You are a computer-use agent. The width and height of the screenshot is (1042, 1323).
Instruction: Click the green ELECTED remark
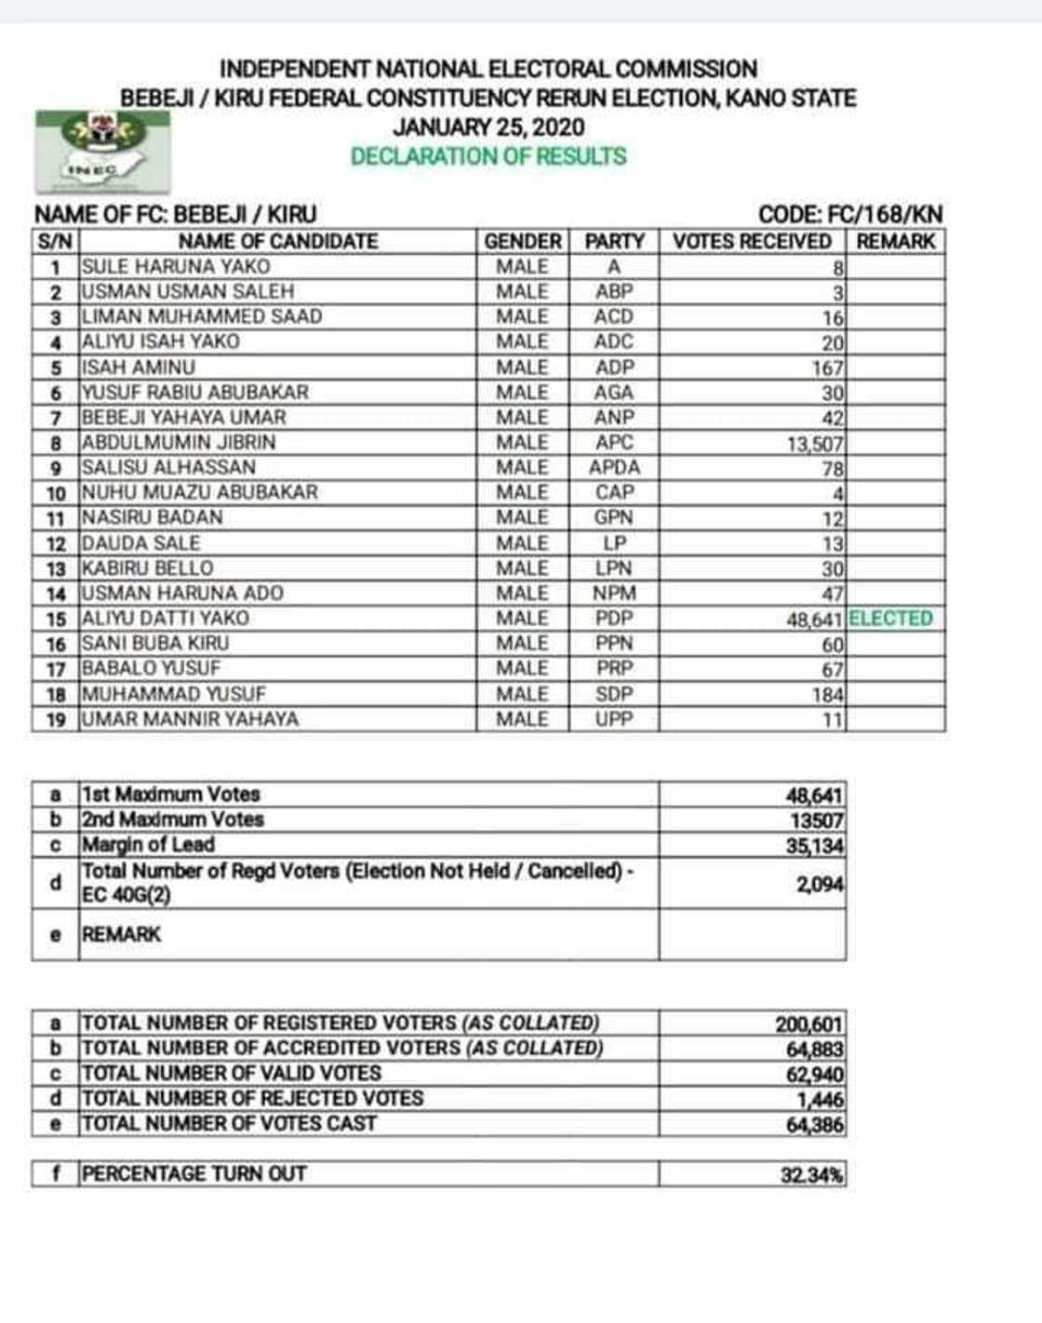(890, 619)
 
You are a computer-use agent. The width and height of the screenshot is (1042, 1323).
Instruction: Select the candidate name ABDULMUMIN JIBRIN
(179, 443)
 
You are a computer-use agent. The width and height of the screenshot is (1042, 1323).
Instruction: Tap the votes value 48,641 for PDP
(814, 620)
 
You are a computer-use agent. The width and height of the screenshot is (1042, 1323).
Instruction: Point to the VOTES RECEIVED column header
(752, 242)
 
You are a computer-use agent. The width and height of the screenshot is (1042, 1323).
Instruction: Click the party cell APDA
(614, 468)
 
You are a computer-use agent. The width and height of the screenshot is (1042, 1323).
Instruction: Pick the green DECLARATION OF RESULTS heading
(488, 156)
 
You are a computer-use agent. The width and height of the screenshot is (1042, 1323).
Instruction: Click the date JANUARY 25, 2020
(488, 127)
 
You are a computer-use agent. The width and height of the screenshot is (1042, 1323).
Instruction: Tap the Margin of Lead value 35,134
(814, 846)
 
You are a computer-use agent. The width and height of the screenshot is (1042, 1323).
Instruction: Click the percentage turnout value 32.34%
(811, 1175)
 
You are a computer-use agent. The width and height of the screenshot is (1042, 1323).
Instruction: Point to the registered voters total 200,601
(808, 1024)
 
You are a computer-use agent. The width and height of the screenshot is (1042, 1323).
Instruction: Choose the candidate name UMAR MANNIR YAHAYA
(191, 719)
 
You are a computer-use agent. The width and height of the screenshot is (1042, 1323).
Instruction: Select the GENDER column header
(523, 242)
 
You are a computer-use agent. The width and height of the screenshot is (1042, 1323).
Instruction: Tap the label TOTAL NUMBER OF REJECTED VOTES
(253, 1099)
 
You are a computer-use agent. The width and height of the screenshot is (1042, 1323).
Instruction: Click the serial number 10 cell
(56, 493)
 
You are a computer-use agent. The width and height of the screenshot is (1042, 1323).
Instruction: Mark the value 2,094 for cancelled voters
(819, 884)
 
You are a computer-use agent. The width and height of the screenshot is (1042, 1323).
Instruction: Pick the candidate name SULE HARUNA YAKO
(176, 267)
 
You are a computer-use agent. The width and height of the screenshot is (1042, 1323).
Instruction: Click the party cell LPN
(614, 568)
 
